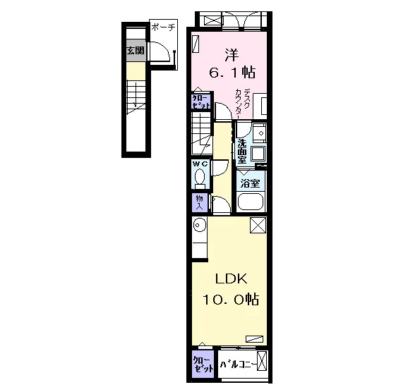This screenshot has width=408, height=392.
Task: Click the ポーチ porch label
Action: [163, 27]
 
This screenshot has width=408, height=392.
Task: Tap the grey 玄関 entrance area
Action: [136, 51]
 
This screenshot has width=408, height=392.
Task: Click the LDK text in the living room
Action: [231, 279]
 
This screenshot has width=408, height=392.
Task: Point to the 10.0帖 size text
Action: [231, 299]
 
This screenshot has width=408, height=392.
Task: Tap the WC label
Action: [200, 164]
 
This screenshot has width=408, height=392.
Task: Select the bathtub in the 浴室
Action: [251, 202]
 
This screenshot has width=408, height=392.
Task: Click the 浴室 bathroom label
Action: [250, 183]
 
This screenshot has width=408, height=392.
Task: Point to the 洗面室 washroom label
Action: [242, 152]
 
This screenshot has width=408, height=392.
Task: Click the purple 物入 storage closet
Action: [200, 202]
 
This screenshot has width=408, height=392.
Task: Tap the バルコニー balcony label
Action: [239, 365]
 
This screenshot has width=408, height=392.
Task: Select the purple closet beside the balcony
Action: [203, 364]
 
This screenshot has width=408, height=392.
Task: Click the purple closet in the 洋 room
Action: [201, 101]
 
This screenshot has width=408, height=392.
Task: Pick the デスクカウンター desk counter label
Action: [243, 102]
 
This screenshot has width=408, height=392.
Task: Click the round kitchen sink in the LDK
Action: [198, 225]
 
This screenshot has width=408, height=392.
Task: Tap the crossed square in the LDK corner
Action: [258, 225]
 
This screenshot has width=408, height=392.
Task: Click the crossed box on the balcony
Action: [262, 361]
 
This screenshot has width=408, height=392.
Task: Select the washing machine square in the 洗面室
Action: [258, 154]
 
